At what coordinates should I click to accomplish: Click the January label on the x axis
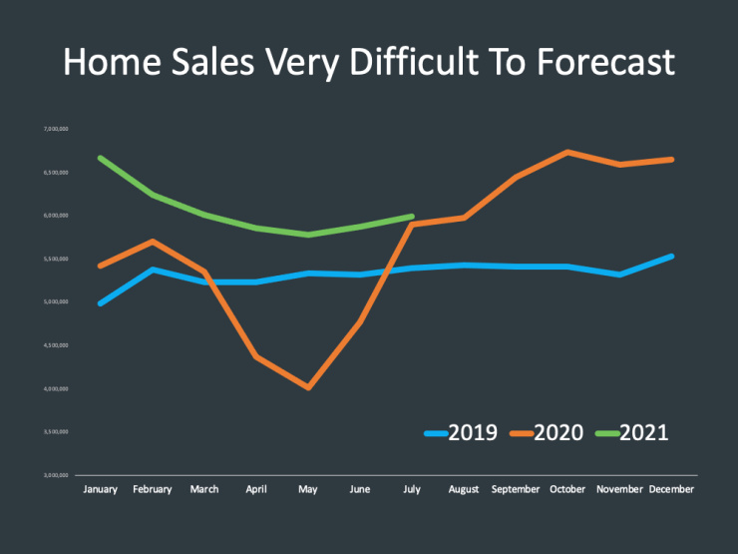point(101,489)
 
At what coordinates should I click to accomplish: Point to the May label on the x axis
point(308,489)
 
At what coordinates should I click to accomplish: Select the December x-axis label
point(670,489)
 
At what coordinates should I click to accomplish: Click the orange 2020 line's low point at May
point(308,387)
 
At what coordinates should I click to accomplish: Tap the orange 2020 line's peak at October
point(566,152)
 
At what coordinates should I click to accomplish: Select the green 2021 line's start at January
point(101,158)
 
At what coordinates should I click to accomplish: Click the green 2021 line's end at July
point(412,216)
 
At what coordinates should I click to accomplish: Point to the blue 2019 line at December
point(671,257)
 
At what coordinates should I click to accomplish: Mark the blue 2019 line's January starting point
point(101,302)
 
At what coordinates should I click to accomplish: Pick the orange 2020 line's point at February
point(152,241)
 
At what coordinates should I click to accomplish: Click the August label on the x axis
point(463,489)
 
